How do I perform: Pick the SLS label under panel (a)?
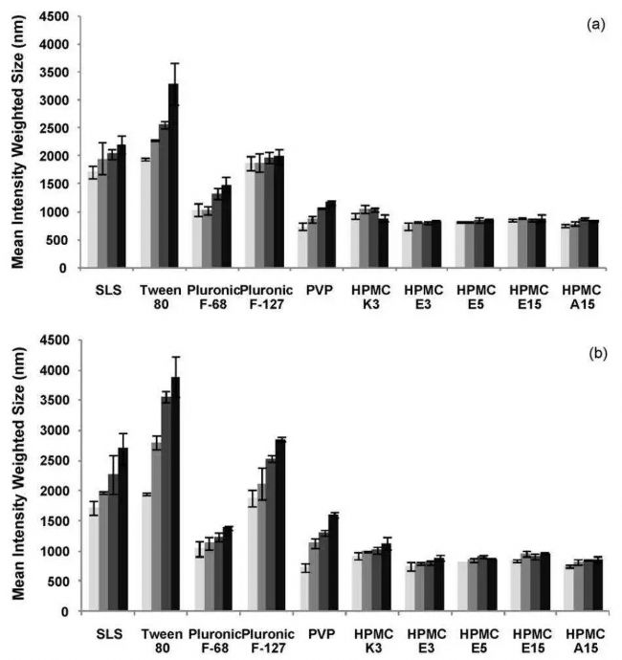[107, 286]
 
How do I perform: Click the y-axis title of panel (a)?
[16, 143]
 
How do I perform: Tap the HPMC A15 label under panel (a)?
[577, 293]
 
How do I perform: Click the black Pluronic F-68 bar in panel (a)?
[226, 227]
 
